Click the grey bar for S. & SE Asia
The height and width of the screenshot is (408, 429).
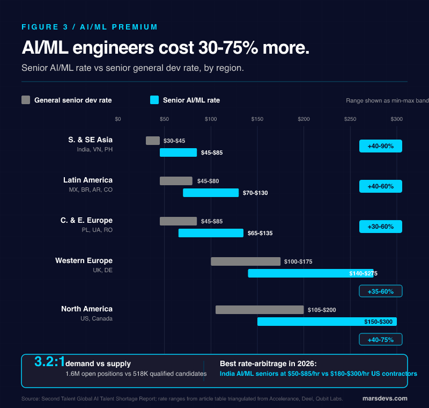tap(153, 141)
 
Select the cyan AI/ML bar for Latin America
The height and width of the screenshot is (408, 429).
tap(211, 193)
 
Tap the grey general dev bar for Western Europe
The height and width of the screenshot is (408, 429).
tap(246, 261)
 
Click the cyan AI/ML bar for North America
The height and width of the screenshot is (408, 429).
tap(327, 322)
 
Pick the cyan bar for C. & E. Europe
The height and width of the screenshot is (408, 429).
tap(211, 233)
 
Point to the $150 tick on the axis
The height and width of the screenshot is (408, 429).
tap(257, 119)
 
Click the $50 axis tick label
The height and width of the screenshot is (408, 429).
tap(164, 119)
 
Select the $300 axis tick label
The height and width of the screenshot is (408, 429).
tap(396, 119)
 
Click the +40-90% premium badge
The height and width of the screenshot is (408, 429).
tap(380, 146)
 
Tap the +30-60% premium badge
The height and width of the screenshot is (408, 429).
tap(380, 227)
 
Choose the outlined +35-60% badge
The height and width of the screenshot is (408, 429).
tap(380, 292)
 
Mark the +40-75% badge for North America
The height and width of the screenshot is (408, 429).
tap(380, 340)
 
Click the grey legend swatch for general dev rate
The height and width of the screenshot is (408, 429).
tap(26, 100)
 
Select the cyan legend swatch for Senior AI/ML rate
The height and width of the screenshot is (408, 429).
tap(154, 100)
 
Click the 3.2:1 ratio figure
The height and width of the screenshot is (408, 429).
tap(49, 362)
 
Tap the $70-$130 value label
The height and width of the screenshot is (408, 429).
tap(254, 193)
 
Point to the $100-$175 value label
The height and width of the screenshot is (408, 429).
tap(298, 261)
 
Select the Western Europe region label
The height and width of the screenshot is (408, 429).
tap(84, 260)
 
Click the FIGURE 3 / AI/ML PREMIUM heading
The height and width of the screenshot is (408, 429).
tap(90, 27)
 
